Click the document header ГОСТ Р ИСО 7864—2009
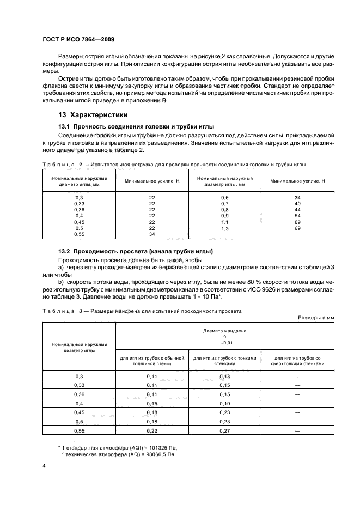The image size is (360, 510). [x=78, y=40]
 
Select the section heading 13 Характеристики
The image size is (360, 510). [x=93, y=115]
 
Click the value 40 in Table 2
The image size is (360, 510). [x=297, y=203]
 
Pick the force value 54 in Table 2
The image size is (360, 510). [x=297, y=216]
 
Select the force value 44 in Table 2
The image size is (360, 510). [x=297, y=210]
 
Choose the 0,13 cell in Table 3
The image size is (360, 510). [x=224, y=377]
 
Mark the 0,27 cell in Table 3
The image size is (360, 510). [x=224, y=431]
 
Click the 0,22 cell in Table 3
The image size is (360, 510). [x=151, y=431]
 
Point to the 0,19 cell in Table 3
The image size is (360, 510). [x=224, y=404]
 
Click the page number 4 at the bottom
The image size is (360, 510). [x=44, y=466]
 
